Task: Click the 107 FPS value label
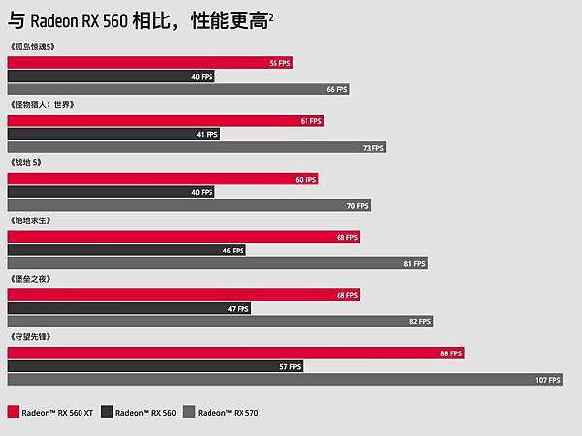(548, 380)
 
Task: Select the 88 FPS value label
(451, 353)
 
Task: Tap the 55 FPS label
(279, 63)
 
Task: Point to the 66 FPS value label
(337, 89)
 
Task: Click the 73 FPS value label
(373, 148)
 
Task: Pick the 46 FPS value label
(233, 251)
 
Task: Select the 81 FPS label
(415, 263)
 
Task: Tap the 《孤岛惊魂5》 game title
(33, 46)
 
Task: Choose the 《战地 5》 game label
(26, 162)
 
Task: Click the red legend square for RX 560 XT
(12, 412)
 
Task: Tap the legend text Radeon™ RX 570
(227, 413)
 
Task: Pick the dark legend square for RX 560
(107, 412)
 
